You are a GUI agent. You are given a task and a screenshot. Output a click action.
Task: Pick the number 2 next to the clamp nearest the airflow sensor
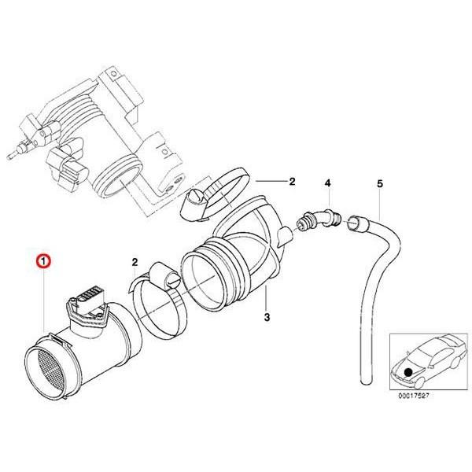point(135,261)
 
